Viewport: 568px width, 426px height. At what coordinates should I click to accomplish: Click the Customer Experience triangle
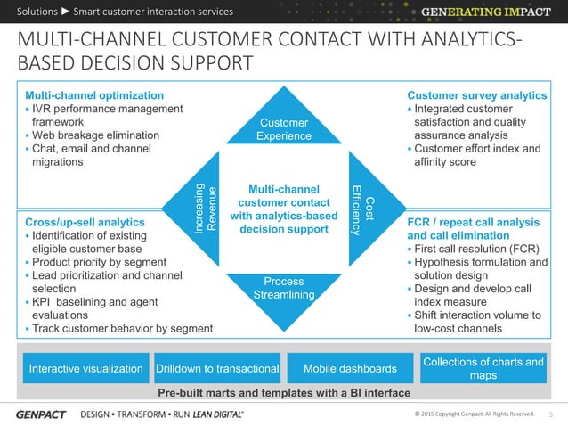point(283,126)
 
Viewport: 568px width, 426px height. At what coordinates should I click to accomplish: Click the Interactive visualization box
point(86,369)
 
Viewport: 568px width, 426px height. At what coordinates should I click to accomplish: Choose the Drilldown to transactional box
point(218,369)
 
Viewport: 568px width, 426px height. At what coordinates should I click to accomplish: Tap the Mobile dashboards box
point(350,369)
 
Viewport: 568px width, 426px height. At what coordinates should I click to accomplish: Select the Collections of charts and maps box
point(483,369)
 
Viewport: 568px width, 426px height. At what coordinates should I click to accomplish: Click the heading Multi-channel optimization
point(93,95)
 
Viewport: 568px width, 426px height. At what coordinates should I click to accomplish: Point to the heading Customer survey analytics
point(476,95)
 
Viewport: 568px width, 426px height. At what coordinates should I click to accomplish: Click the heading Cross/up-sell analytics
point(85,222)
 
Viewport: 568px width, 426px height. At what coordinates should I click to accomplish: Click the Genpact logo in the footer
point(40,414)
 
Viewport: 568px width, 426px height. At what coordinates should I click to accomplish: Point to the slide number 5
point(550,414)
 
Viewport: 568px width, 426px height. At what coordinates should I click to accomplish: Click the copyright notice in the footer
point(475,414)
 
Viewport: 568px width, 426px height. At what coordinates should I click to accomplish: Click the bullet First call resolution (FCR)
point(476,249)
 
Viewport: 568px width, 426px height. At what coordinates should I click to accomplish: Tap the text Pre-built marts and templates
point(283,393)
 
